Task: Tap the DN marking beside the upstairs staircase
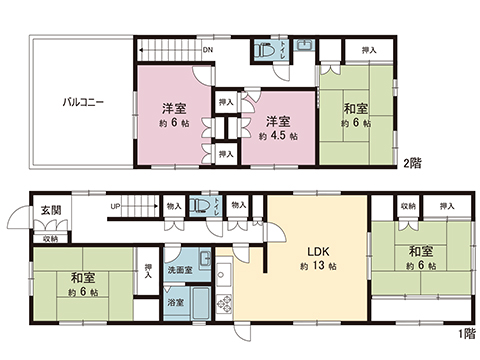click(207, 50)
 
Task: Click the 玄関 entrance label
click(50, 211)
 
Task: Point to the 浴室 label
click(175, 301)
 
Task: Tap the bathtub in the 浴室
click(199, 301)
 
